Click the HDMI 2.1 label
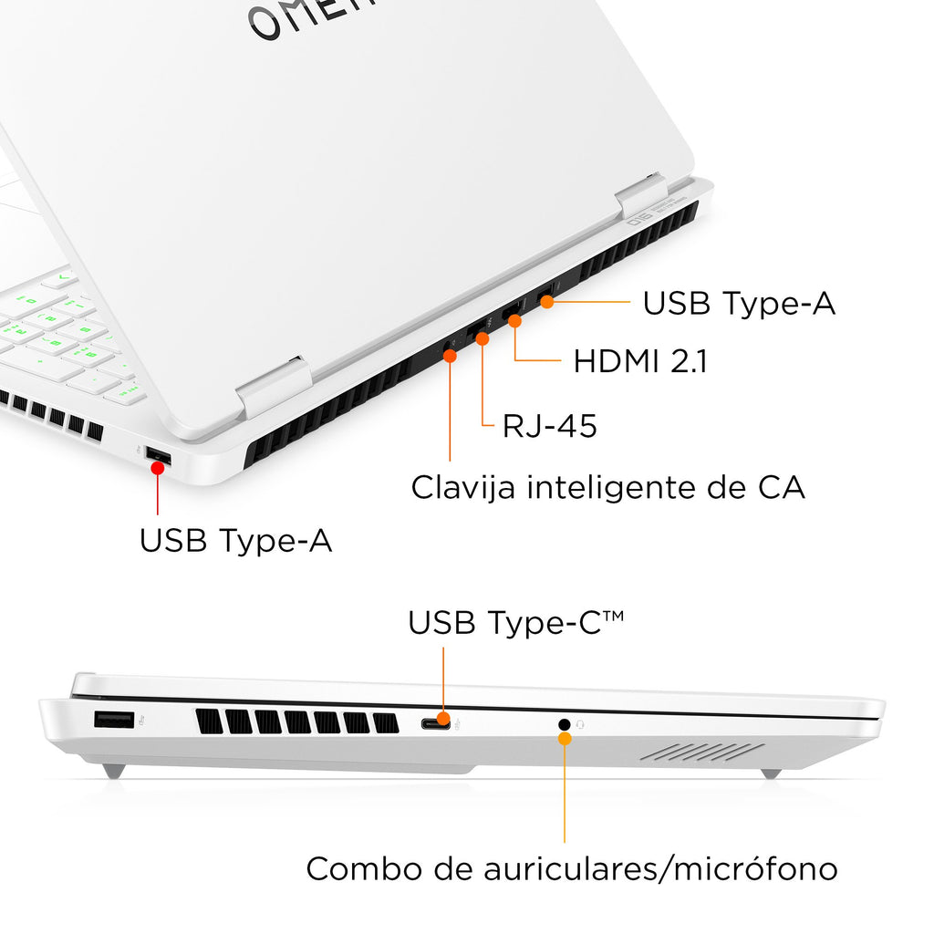640,361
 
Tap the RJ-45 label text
549,426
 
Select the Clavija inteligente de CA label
608,488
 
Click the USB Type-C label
516,623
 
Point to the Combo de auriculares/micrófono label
572,868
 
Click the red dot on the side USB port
157,468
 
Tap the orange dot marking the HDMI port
514,321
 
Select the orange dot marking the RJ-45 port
483,339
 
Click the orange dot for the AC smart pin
451,357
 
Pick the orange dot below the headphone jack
565,739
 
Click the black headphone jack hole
564,724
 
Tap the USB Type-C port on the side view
436,724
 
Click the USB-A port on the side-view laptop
114,720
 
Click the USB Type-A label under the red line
236,541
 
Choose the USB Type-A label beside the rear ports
739,303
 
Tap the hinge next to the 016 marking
641,196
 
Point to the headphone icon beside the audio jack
580,724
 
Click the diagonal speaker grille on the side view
702,752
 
